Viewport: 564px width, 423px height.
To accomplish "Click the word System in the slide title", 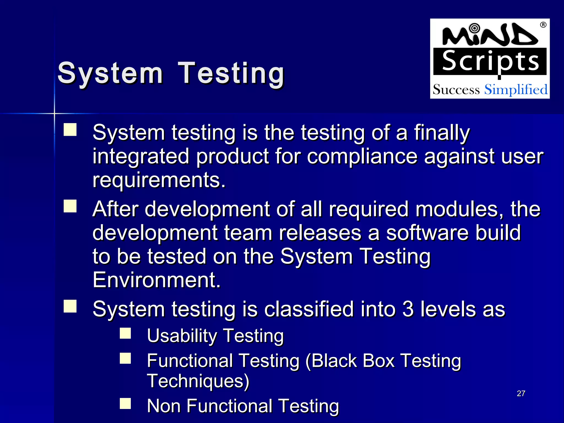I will pyautogui.click(x=110, y=73).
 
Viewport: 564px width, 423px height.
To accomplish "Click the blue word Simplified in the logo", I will pyautogui.click(x=516, y=90).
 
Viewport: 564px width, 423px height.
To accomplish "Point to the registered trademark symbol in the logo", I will pyautogui.click(x=543, y=25).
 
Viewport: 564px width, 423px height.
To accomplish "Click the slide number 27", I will pyautogui.click(x=521, y=394).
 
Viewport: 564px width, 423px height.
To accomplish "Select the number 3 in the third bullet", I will pyautogui.click(x=408, y=309).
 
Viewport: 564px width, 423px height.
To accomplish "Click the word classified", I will pyautogui.click(x=309, y=309).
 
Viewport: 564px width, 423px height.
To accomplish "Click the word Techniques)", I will pyautogui.click(x=198, y=381).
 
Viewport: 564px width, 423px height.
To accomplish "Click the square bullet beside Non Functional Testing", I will pyautogui.click(x=125, y=403).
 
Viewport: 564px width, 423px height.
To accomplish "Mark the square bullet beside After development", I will pyautogui.click(x=70, y=206).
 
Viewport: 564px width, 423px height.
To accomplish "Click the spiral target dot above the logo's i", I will pyautogui.click(x=474, y=28).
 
